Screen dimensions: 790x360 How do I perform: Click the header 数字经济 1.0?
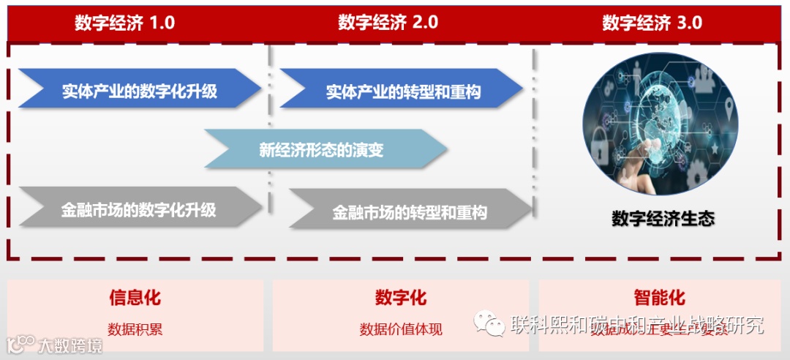click(x=124, y=23)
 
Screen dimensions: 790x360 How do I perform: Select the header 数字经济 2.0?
click(x=388, y=23)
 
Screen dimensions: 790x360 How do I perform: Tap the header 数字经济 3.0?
click(x=652, y=23)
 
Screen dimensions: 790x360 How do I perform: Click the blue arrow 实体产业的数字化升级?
click(x=139, y=91)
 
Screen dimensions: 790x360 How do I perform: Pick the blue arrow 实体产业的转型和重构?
click(x=402, y=91)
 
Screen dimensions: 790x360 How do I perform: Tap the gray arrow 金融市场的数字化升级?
click(x=139, y=210)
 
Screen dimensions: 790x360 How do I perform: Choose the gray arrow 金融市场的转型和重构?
click(x=410, y=212)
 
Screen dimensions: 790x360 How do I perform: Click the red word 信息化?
click(x=135, y=298)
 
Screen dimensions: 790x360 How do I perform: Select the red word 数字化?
click(x=400, y=298)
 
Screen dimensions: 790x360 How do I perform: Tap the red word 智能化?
click(x=659, y=298)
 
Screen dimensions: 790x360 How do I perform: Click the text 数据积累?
click(x=135, y=329)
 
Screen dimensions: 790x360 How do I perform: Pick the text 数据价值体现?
click(x=400, y=329)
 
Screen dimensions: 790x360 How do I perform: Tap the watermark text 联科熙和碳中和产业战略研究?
click(x=636, y=323)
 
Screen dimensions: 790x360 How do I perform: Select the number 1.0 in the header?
click(x=162, y=23)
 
